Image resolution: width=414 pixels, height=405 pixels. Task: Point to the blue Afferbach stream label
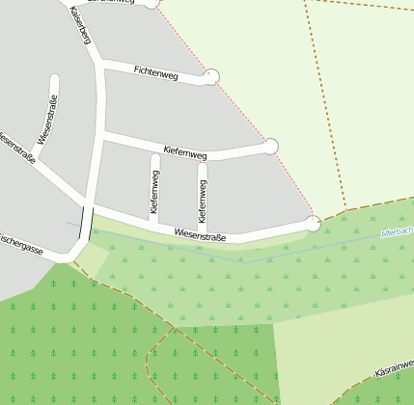(397, 232)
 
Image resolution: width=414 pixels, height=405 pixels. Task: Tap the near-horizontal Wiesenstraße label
(200, 234)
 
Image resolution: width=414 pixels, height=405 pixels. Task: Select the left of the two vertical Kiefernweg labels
(154, 193)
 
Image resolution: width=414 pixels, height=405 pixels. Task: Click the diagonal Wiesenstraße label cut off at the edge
(17, 148)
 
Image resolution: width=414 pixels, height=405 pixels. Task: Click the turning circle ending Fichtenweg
(212, 76)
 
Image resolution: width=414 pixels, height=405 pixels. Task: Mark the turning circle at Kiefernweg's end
(271, 146)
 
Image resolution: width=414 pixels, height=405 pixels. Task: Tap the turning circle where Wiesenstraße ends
(313, 224)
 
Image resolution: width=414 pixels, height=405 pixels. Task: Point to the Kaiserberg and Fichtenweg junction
(101, 65)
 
